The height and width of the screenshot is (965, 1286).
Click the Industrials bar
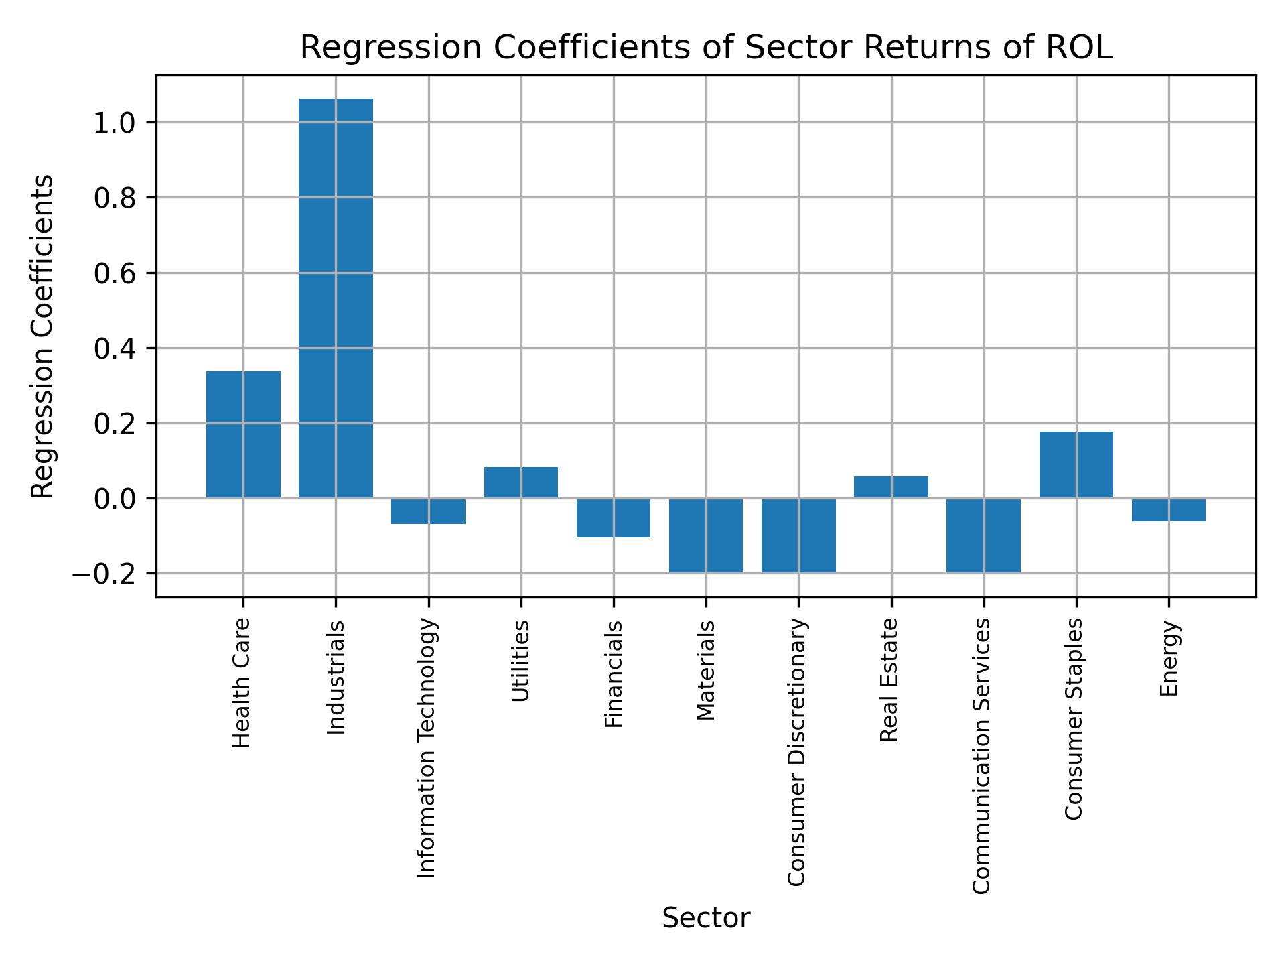pyautogui.click(x=336, y=298)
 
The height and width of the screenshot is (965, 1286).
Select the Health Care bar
pyautogui.click(x=243, y=434)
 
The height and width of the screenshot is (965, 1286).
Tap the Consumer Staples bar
pyautogui.click(x=1076, y=464)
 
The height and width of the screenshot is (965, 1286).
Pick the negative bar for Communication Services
pyautogui.click(x=983, y=535)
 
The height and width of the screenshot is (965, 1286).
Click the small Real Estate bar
pyautogui.click(x=891, y=487)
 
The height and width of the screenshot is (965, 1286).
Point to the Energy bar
pyautogui.click(x=1168, y=510)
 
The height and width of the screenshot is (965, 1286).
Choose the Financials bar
pyautogui.click(x=614, y=517)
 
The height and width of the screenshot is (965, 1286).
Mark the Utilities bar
pyautogui.click(x=521, y=482)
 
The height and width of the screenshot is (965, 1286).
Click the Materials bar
pyautogui.click(x=706, y=535)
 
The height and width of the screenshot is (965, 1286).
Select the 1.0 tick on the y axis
pyautogui.click(x=115, y=123)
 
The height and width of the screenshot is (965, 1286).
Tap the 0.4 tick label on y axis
pyautogui.click(x=115, y=348)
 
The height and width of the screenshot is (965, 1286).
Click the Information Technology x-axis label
pyautogui.click(x=427, y=748)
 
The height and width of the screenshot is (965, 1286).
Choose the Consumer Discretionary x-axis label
pyautogui.click(x=796, y=752)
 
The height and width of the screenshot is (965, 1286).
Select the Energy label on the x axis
pyautogui.click(x=1169, y=659)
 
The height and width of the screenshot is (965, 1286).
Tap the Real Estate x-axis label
pyautogui.click(x=889, y=680)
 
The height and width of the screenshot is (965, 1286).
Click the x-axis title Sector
pyautogui.click(x=706, y=919)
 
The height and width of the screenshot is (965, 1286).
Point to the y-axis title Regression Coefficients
pyautogui.click(x=43, y=336)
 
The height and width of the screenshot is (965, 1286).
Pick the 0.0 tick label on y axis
pyautogui.click(x=115, y=499)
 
